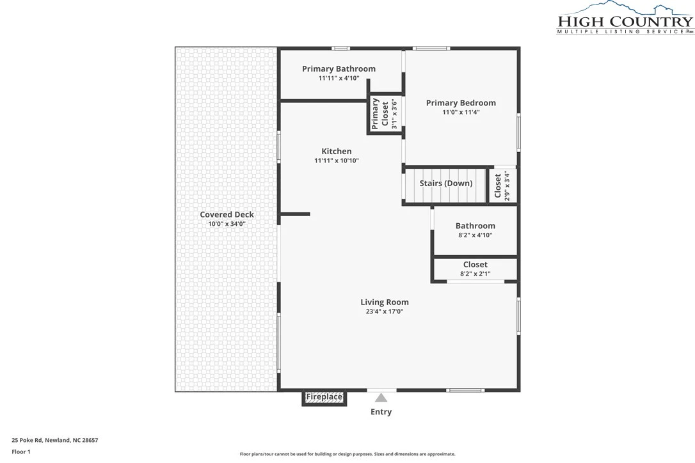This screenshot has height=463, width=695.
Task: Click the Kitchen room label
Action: [x=337, y=151]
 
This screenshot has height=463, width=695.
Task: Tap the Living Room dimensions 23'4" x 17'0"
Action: [x=384, y=311]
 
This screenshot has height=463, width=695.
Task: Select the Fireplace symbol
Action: [x=324, y=397]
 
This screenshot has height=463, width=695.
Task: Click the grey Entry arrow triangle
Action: [x=381, y=398]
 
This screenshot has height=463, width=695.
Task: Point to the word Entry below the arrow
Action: [x=381, y=412]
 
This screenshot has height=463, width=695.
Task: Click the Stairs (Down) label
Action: [x=446, y=183]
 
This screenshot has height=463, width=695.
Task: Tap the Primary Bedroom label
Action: [x=461, y=103]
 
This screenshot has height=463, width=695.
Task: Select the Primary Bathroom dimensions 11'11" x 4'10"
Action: [x=339, y=78]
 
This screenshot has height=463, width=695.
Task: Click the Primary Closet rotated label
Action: [x=380, y=114]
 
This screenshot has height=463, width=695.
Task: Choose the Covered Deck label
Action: [x=227, y=214]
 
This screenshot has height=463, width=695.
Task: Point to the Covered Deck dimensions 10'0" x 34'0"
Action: [x=227, y=224]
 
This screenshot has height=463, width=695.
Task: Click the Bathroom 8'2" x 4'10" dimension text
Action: [x=475, y=235]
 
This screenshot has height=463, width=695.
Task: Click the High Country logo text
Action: [x=625, y=21]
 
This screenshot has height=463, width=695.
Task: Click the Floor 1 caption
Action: [x=21, y=452]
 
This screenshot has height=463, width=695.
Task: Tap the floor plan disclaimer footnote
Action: [x=347, y=453]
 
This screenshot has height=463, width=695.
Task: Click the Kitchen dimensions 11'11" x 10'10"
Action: [x=337, y=161]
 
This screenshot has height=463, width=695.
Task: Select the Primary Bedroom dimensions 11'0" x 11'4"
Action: [x=461, y=112]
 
